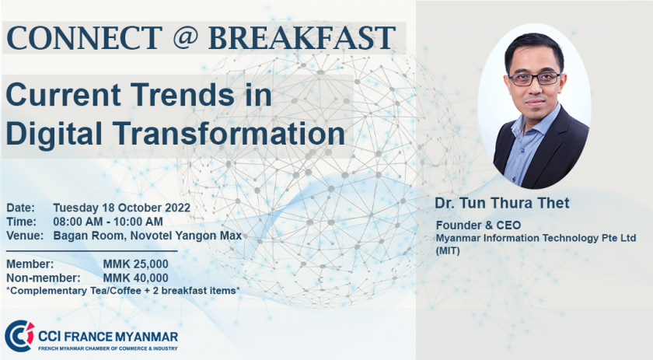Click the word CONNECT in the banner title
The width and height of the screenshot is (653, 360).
point(85,37)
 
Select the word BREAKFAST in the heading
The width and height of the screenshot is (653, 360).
point(302,37)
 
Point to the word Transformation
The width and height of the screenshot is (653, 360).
point(229,133)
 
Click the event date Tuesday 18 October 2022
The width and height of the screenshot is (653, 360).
point(121,208)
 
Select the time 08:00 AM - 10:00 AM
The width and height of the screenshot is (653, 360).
point(108,222)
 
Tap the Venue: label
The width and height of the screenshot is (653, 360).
point(25,236)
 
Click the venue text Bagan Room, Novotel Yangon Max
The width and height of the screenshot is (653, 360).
point(148,236)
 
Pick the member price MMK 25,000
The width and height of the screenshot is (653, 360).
point(136,264)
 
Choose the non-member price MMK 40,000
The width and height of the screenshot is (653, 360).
point(136,278)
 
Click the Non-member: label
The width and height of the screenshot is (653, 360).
point(44,278)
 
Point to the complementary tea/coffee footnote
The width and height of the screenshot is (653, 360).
point(124,291)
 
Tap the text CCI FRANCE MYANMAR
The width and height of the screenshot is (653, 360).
point(108,336)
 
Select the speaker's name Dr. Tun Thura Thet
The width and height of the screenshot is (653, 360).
point(502,203)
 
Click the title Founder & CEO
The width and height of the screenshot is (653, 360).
point(478,225)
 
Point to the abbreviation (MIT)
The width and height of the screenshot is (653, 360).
point(448,251)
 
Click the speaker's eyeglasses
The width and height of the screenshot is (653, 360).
point(535,79)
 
